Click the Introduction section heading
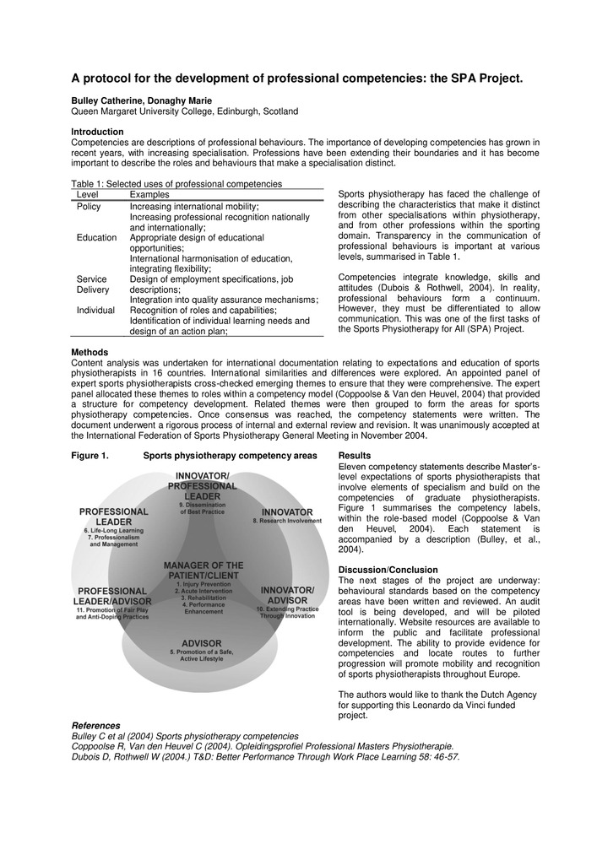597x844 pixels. pos(97,132)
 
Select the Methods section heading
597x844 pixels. pos(90,352)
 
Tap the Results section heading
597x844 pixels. pos(354,456)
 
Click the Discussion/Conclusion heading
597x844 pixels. pos(388,570)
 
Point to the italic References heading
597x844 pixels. pos(95,725)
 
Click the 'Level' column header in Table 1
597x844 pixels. pos(89,195)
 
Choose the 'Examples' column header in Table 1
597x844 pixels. pos(149,195)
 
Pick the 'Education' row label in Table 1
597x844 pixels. pos(96,238)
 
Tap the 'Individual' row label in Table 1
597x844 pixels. pos(95,311)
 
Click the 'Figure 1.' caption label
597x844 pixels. pos(90,456)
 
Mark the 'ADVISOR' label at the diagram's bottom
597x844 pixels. pos(202,643)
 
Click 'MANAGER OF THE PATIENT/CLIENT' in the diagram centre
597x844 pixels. pos(204,571)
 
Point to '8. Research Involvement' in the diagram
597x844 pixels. pos(287,522)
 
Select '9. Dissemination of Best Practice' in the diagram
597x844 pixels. pos(203,509)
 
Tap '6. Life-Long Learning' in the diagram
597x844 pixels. pos(114,530)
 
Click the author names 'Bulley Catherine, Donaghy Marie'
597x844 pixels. pos(142,100)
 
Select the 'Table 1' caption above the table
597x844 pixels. pos(176,183)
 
